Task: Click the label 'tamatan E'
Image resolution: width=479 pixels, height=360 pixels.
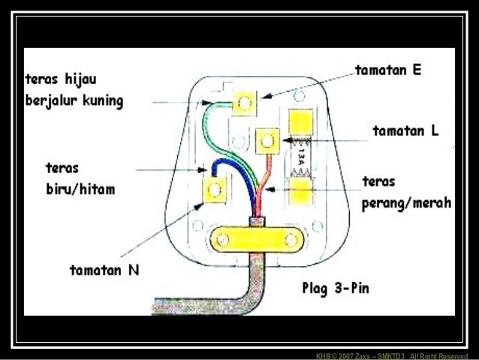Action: point(387,71)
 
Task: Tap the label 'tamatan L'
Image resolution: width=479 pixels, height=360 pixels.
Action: point(406,131)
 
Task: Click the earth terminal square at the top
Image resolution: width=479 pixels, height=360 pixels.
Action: point(244,102)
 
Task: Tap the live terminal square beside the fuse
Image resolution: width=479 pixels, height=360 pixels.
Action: point(267,140)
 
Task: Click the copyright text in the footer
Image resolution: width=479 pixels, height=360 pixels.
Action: point(391,355)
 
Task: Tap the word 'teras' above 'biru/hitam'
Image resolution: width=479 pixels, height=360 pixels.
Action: point(61,167)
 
